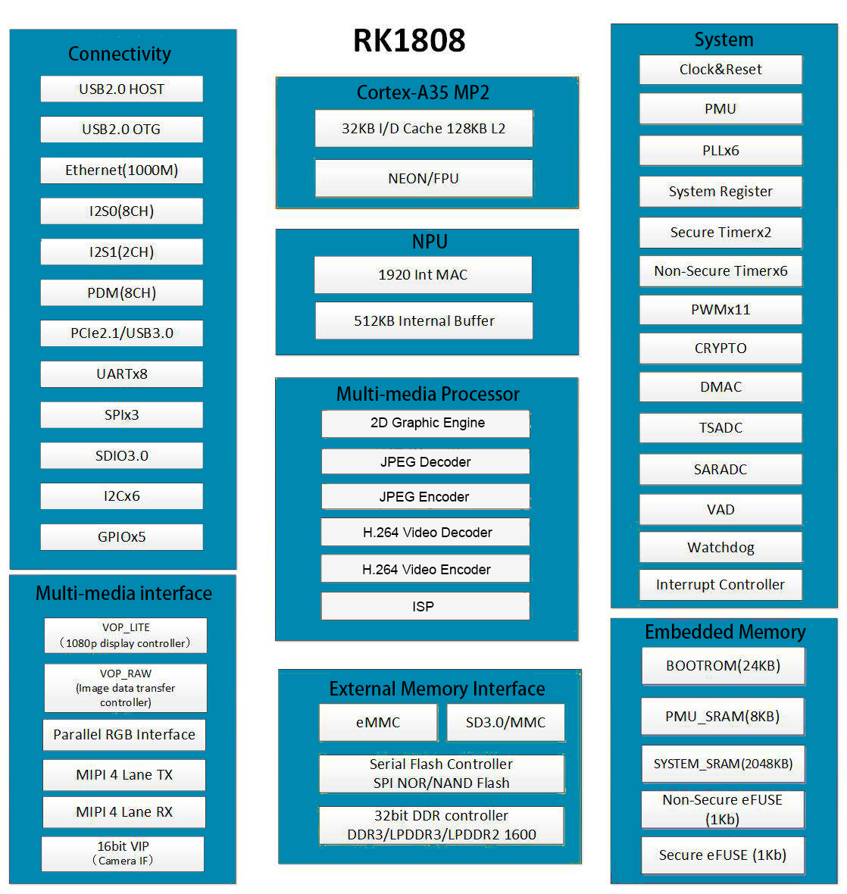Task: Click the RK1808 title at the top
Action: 409,41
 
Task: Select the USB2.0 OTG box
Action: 121,130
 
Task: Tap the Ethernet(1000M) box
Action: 121,170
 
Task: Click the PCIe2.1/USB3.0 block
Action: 121,333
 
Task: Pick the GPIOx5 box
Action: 121,537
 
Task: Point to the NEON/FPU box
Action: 423,179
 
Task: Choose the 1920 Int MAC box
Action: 423,275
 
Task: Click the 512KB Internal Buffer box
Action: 423,321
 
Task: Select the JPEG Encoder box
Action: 425,497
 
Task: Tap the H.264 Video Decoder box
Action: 425,533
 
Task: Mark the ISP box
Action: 425,607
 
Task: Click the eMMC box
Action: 378,723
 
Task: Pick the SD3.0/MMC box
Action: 505,723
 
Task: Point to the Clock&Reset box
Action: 720,70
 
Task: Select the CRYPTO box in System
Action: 720,349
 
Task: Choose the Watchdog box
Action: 720,548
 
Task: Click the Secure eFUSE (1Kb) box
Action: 723,855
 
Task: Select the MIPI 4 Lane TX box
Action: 124,775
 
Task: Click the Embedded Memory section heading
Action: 725,632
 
